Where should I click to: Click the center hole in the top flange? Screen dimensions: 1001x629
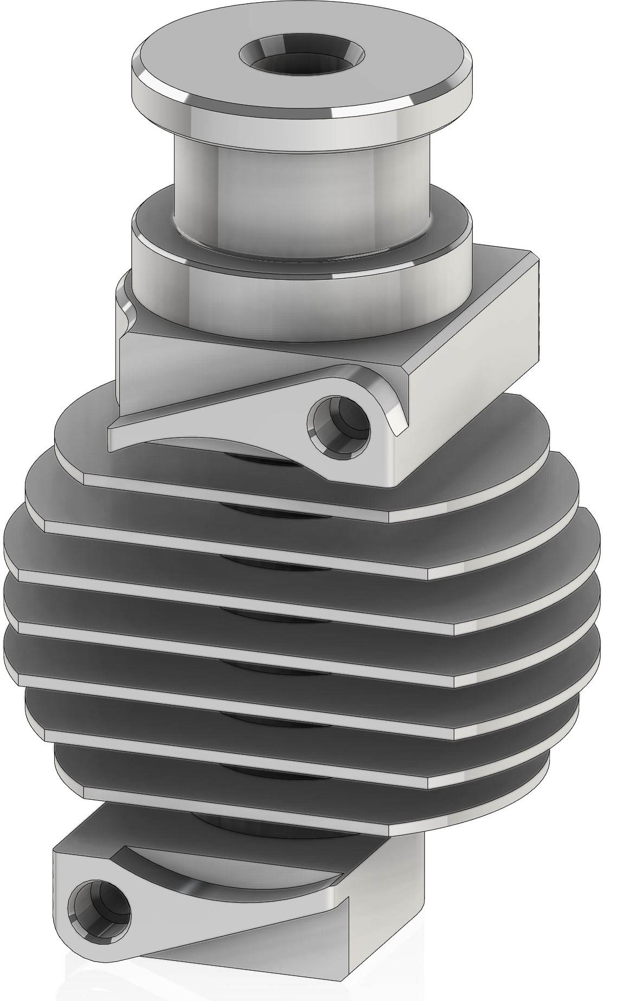(x=302, y=57)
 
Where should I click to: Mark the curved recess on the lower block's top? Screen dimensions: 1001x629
(x=228, y=868)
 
